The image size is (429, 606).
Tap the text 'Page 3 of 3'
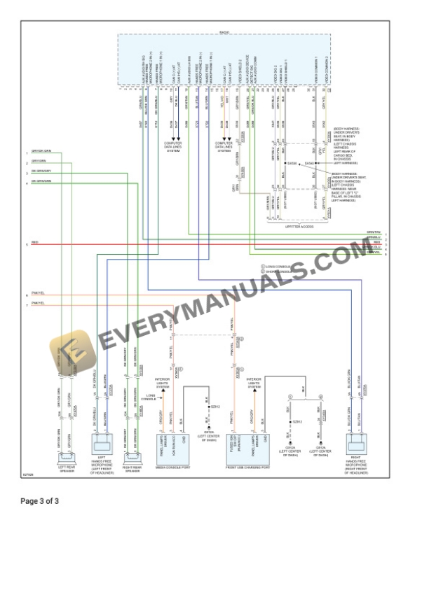pyautogui.click(x=40, y=501)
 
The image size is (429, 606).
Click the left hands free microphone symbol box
pyautogui.click(x=102, y=444)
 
